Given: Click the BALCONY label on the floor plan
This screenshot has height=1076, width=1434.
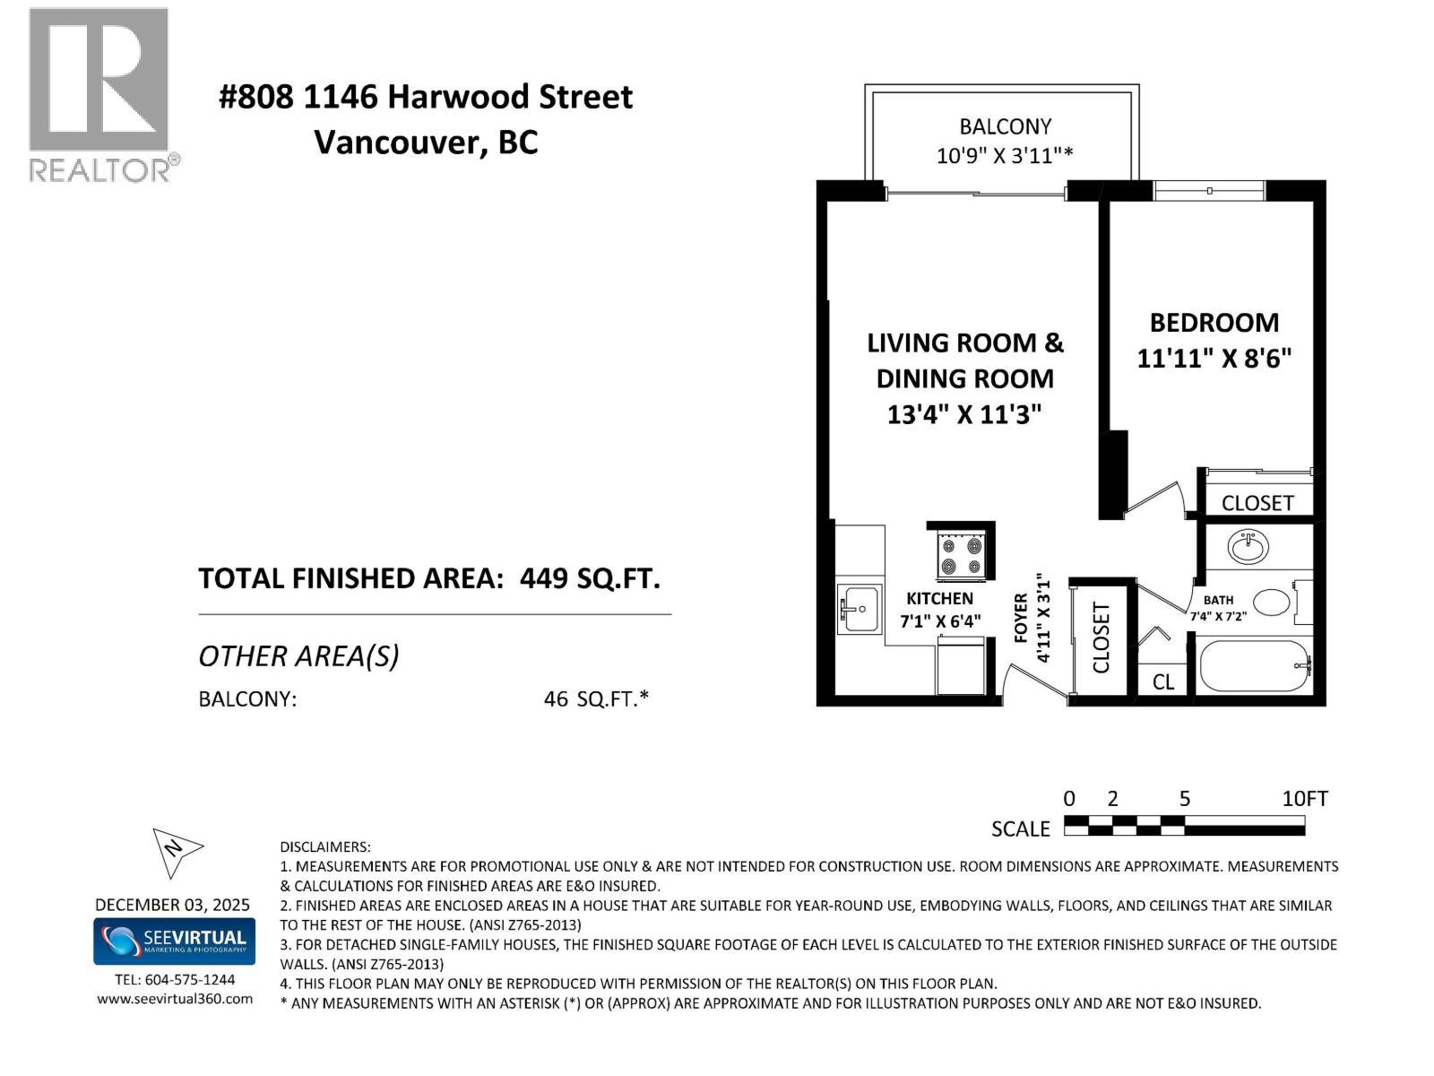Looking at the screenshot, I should [1005, 126].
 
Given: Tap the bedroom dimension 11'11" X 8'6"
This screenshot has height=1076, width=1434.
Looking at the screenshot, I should [1214, 359].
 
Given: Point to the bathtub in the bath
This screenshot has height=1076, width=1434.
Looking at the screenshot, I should [1255, 665].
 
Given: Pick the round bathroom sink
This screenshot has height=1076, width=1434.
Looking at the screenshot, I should [1247, 546].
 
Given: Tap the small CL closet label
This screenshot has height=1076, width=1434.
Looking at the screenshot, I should [1162, 682].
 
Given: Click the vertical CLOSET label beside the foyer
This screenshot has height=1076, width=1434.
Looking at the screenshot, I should [1101, 638].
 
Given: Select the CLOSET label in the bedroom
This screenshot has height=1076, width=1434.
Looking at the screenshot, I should [1257, 503].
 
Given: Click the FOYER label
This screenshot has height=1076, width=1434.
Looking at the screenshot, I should [1021, 618].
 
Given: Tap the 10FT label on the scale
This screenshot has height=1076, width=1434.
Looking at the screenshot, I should [1304, 799].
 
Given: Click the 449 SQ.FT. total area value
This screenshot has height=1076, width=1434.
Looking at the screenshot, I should [590, 578].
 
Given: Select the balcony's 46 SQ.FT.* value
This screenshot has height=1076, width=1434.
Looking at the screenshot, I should [595, 699].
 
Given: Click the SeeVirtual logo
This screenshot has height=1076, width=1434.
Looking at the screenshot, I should [174, 941].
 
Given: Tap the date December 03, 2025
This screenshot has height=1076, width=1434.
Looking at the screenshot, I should [173, 905].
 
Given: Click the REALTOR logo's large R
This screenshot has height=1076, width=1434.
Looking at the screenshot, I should [99, 79].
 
